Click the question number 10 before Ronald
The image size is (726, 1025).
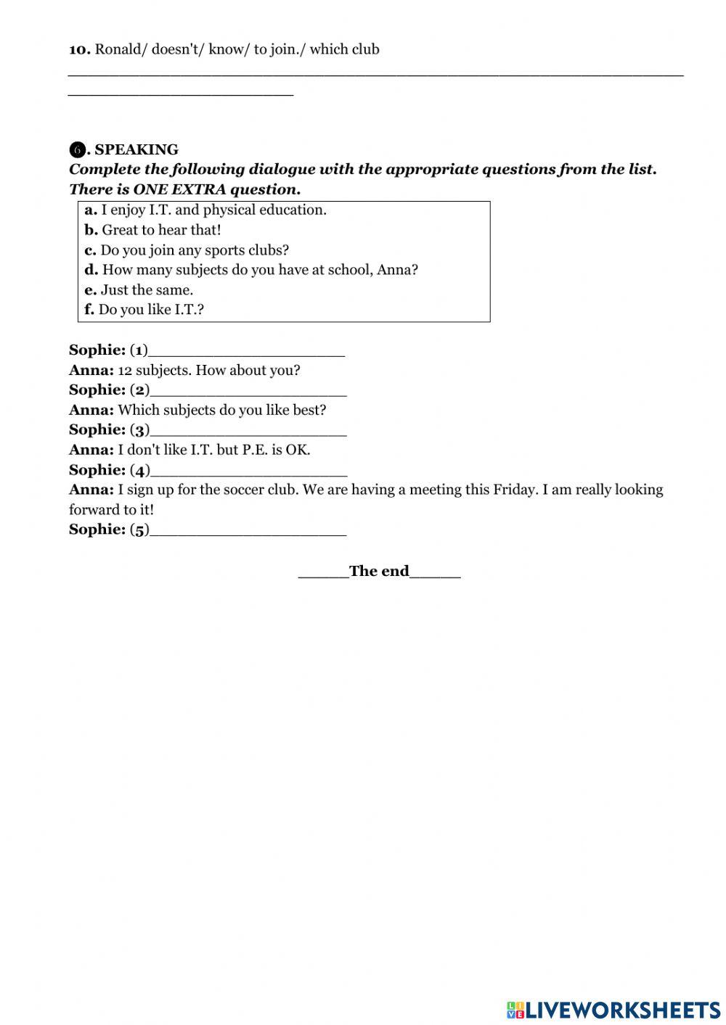pyautogui.click(x=79, y=49)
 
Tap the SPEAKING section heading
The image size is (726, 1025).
pyautogui.click(x=136, y=149)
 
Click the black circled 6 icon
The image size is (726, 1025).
pyautogui.click(x=76, y=150)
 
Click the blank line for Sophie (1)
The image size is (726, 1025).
pyautogui.click(x=246, y=351)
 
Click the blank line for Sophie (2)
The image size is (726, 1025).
pyautogui.click(x=248, y=391)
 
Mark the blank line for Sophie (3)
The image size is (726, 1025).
pyautogui.click(x=248, y=431)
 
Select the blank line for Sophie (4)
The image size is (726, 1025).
pyautogui.click(x=248, y=471)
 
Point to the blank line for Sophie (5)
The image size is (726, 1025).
pyautogui.click(x=248, y=530)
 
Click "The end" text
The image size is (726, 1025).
pyautogui.click(x=379, y=572)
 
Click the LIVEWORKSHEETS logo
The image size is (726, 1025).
pyautogui.click(x=613, y=1009)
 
